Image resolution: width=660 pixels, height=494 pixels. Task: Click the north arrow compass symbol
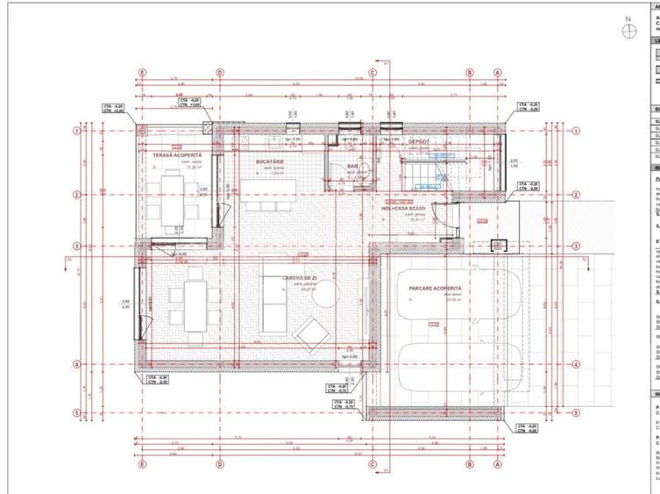point(628,31)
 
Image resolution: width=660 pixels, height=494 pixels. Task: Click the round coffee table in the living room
point(325,298)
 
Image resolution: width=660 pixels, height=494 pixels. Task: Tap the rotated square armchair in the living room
point(312,333)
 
